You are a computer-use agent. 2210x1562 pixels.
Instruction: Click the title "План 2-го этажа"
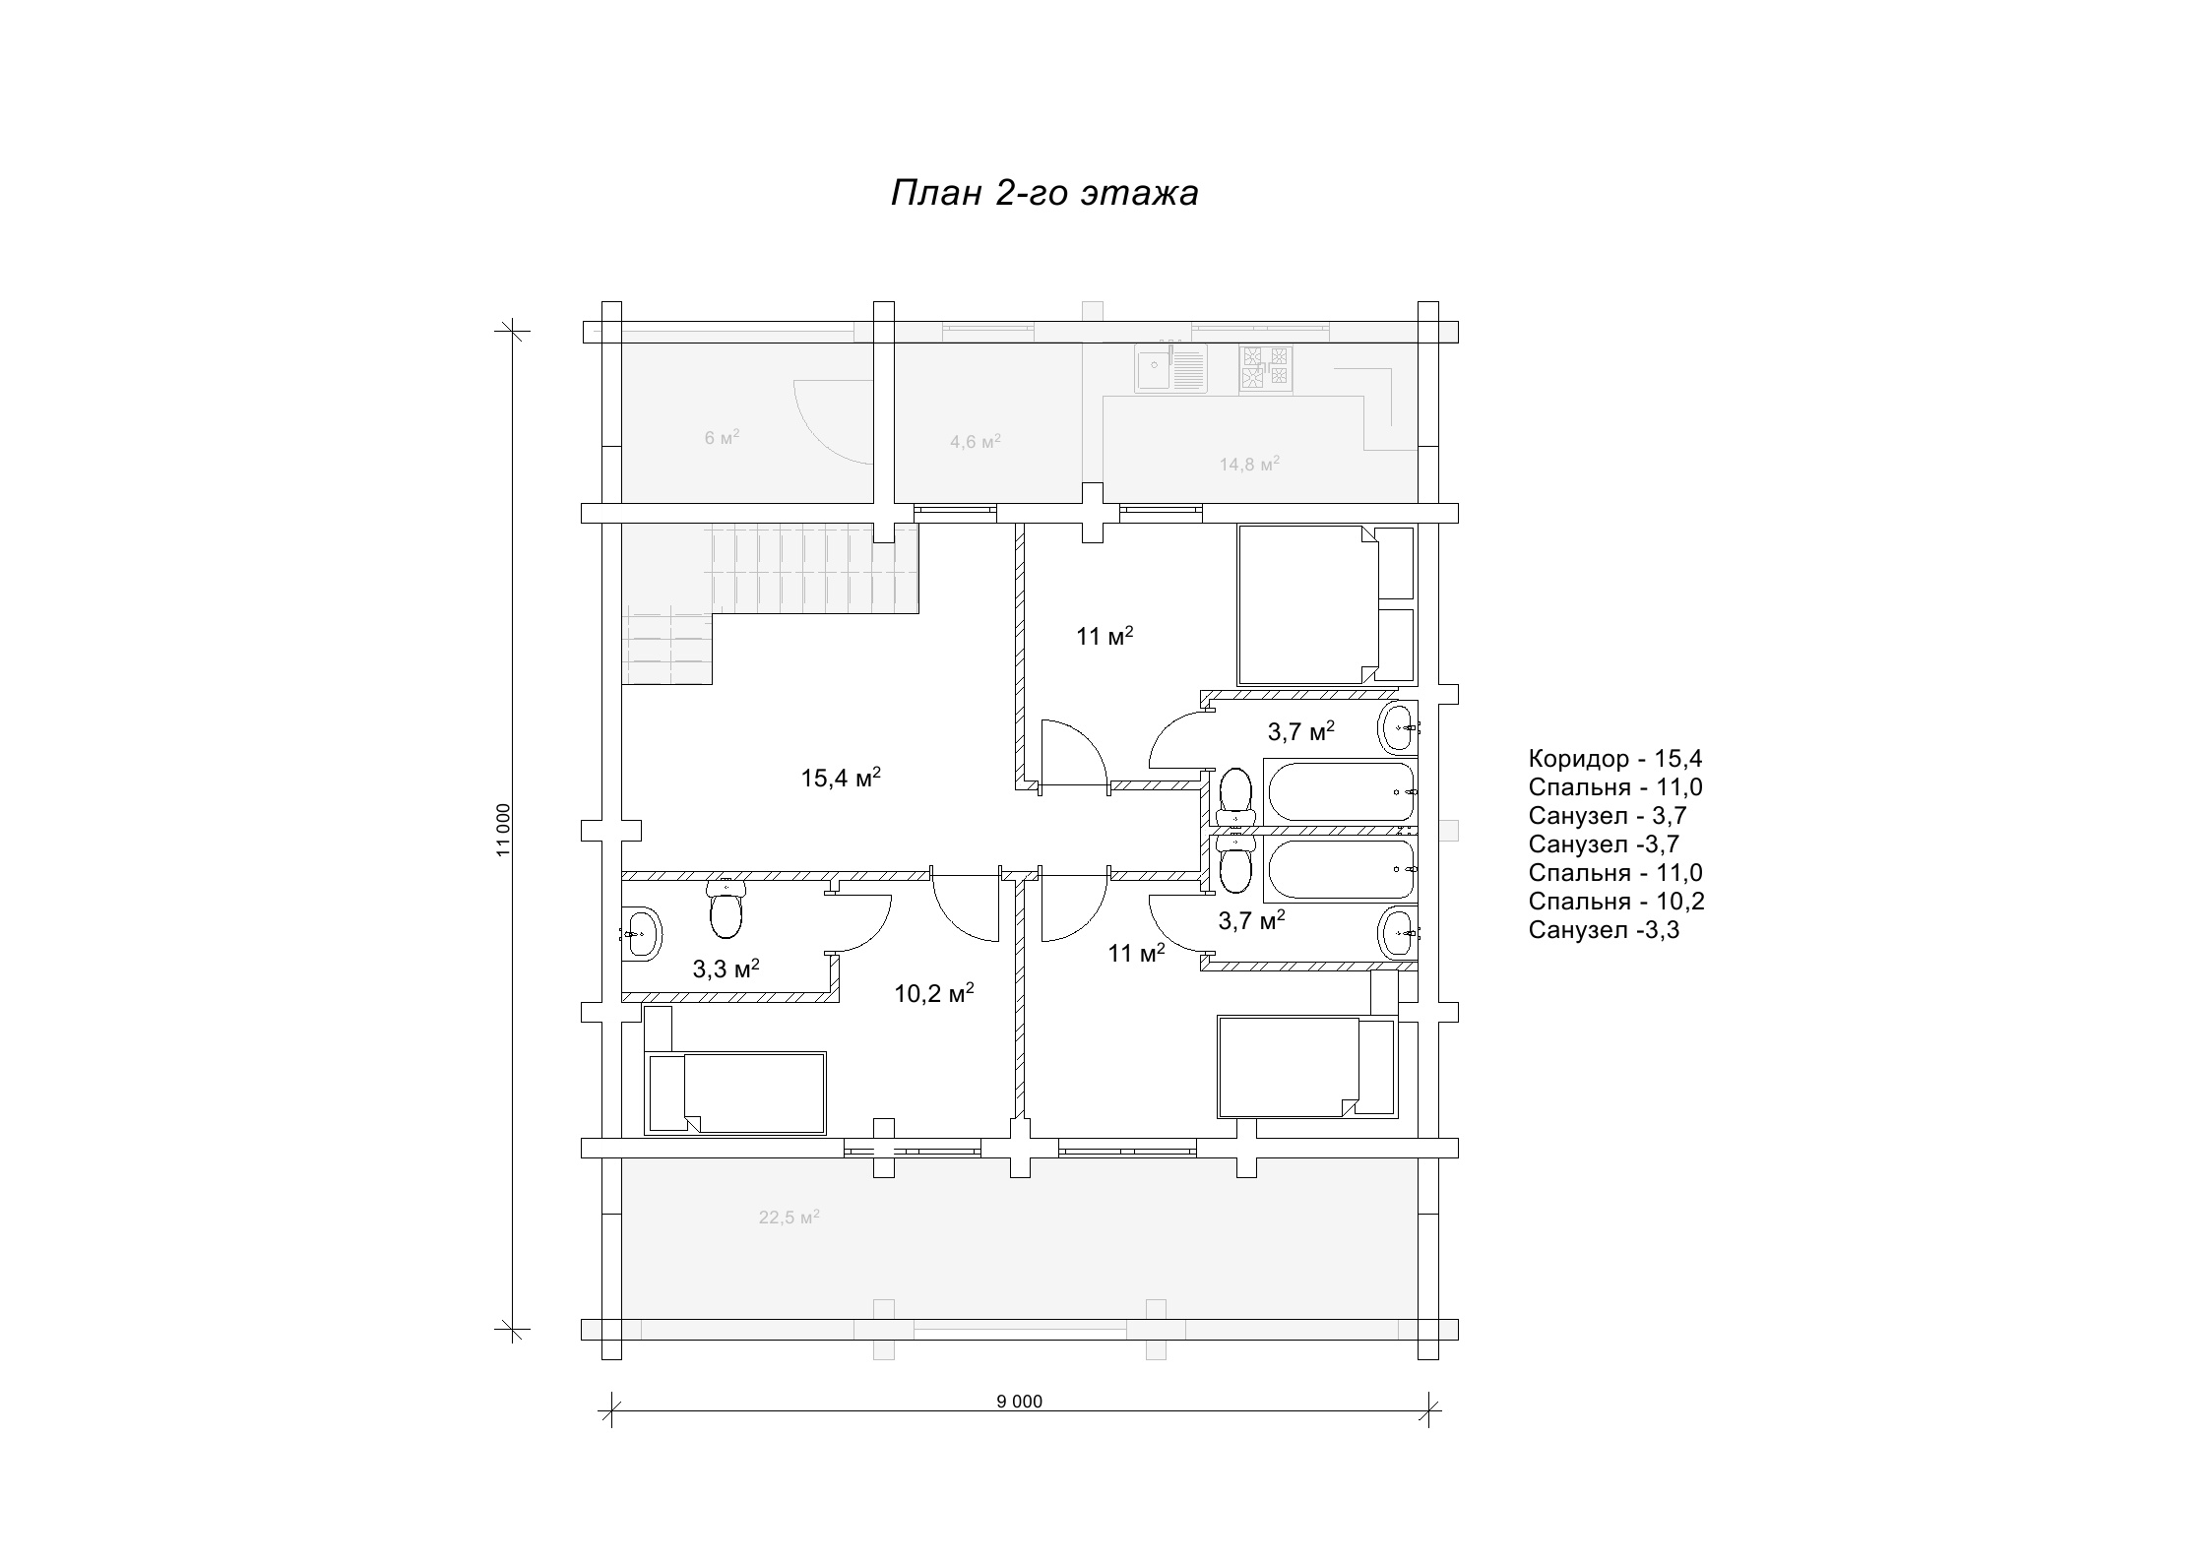coord(1044,193)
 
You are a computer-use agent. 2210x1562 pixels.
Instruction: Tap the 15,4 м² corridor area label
coord(841,778)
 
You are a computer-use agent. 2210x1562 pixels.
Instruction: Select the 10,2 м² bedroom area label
coord(933,992)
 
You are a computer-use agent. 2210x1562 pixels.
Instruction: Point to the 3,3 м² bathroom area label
coord(726,968)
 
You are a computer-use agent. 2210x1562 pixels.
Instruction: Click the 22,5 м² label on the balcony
coord(789,1217)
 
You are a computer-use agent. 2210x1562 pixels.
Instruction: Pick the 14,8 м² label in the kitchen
coord(1249,464)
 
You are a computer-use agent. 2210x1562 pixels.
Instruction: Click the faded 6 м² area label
coord(722,437)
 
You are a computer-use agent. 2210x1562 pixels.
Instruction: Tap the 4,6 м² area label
coord(976,441)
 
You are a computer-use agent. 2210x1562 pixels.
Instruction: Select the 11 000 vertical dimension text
coord(503,830)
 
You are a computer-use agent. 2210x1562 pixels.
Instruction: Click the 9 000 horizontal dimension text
coord(1019,1402)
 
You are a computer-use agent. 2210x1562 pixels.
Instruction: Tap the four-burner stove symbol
coord(1266,369)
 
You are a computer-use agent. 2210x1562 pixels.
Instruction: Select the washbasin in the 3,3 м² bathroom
coord(642,933)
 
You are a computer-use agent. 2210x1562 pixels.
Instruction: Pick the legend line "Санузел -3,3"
coord(1604,929)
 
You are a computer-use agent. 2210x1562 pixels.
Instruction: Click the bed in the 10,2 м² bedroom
coord(735,1092)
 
